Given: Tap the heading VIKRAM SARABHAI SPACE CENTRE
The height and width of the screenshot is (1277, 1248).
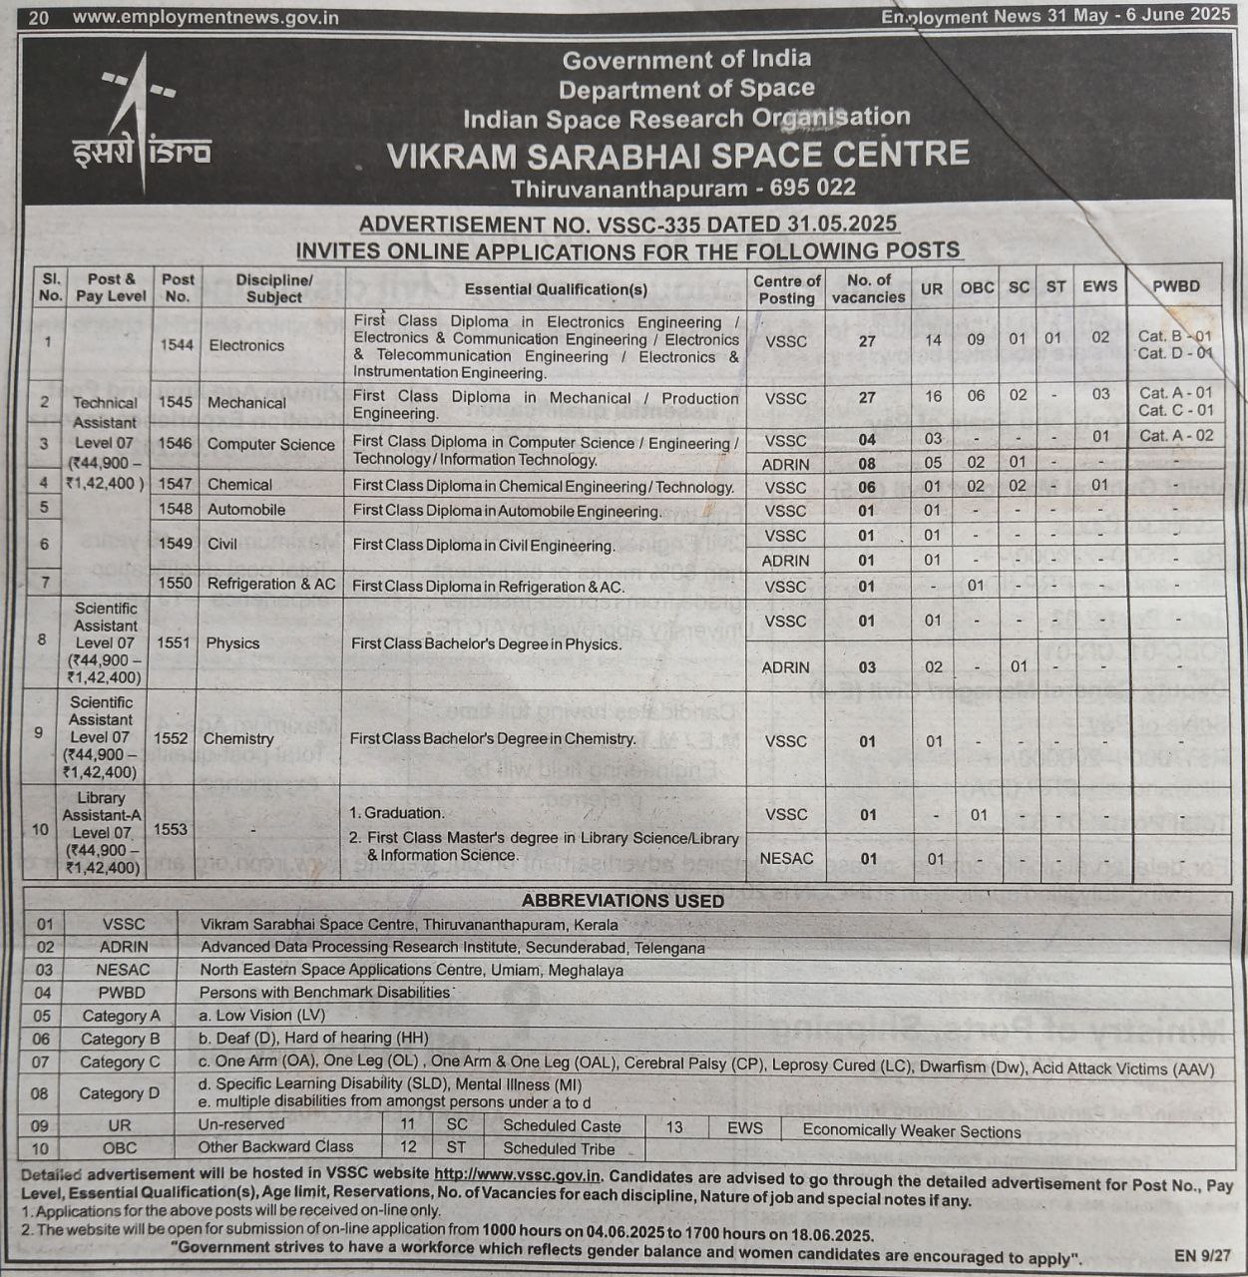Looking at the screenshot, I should [x=677, y=155].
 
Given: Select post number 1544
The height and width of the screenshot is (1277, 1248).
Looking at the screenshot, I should [x=177, y=345].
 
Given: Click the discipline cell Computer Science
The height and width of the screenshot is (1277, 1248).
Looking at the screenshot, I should [x=271, y=445].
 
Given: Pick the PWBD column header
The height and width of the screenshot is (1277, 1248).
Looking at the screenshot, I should [x=1175, y=286].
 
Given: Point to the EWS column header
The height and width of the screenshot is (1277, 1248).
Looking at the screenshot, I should [x=1099, y=286].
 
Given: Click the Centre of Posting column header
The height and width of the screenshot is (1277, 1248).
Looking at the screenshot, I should [x=786, y=289].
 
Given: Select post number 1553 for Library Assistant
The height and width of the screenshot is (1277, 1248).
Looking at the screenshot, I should [x=171, y=829].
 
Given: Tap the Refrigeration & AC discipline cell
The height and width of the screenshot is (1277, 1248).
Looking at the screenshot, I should [x=271, y=584].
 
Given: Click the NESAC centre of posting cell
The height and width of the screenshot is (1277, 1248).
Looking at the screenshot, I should [x=786, y=858].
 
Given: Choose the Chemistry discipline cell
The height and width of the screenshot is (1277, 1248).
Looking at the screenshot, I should [x=238, y=738].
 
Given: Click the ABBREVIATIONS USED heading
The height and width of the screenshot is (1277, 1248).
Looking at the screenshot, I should [x=623, y=900].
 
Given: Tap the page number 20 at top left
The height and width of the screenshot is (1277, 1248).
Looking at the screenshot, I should [x=38, y=17].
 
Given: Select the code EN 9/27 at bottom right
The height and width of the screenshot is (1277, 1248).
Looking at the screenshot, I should [x=1202, y=1256].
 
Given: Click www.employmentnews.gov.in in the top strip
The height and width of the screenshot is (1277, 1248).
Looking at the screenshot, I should [x=206, y=17].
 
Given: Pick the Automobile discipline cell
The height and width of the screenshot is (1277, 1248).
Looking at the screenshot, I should [x=246, y=510].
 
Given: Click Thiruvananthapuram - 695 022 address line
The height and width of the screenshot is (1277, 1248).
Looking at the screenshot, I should [x=683, y=189].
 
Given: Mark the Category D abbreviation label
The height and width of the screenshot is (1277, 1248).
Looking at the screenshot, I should [x=120, y=1093].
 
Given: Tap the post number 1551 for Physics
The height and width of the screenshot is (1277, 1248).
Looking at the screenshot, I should [x=173, y=643].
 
